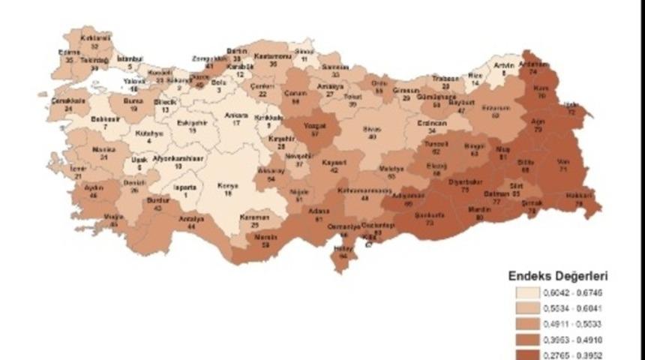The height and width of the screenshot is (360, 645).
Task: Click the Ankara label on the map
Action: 238,115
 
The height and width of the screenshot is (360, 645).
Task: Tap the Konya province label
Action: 227,186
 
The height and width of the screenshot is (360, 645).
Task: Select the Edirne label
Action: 69,52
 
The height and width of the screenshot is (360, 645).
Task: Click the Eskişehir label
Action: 193,122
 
